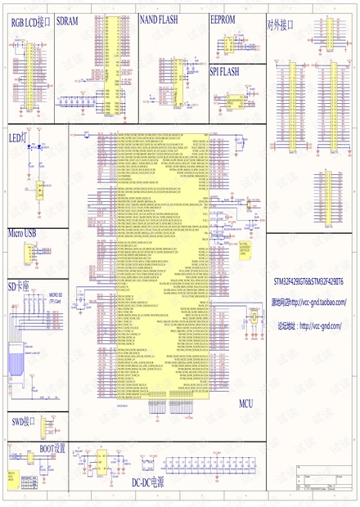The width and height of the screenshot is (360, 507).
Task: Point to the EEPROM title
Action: tap(223, 18)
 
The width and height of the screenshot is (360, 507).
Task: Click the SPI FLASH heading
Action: tap(224, 71)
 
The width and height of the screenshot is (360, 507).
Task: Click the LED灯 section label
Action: tap(18, 137)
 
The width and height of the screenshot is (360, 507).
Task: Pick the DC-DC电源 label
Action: tap(148, 482)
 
